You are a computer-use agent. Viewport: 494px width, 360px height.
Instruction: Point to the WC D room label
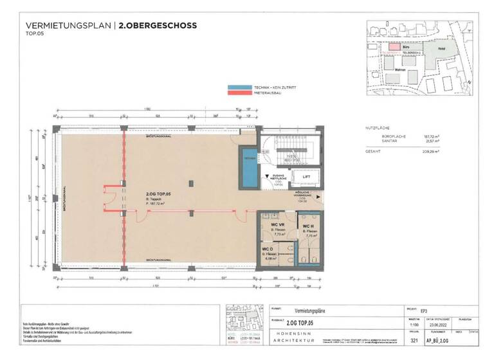(268, 249)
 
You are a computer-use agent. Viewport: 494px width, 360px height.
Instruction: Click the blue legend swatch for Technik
(241, 87)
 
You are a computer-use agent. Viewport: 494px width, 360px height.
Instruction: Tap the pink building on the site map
(392, 47)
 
